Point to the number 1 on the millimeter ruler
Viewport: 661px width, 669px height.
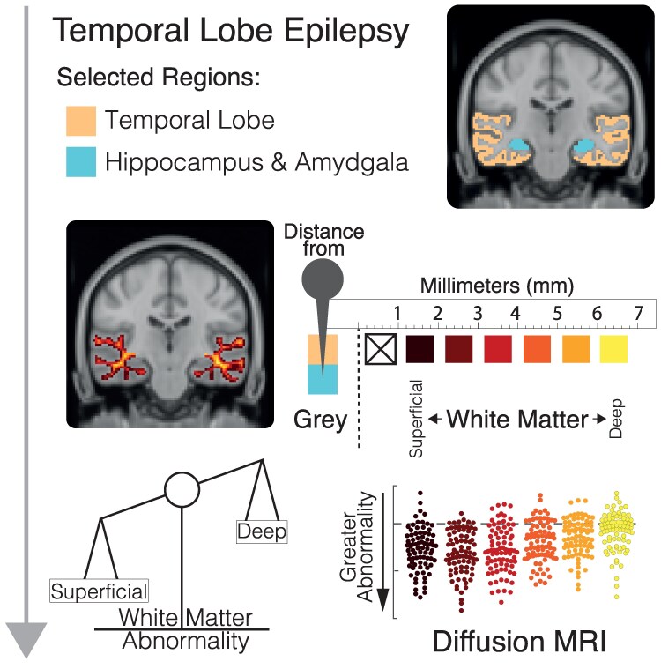(398, 315)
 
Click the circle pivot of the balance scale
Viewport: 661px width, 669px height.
(182, 490)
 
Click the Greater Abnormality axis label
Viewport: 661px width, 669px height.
(360, 549)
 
